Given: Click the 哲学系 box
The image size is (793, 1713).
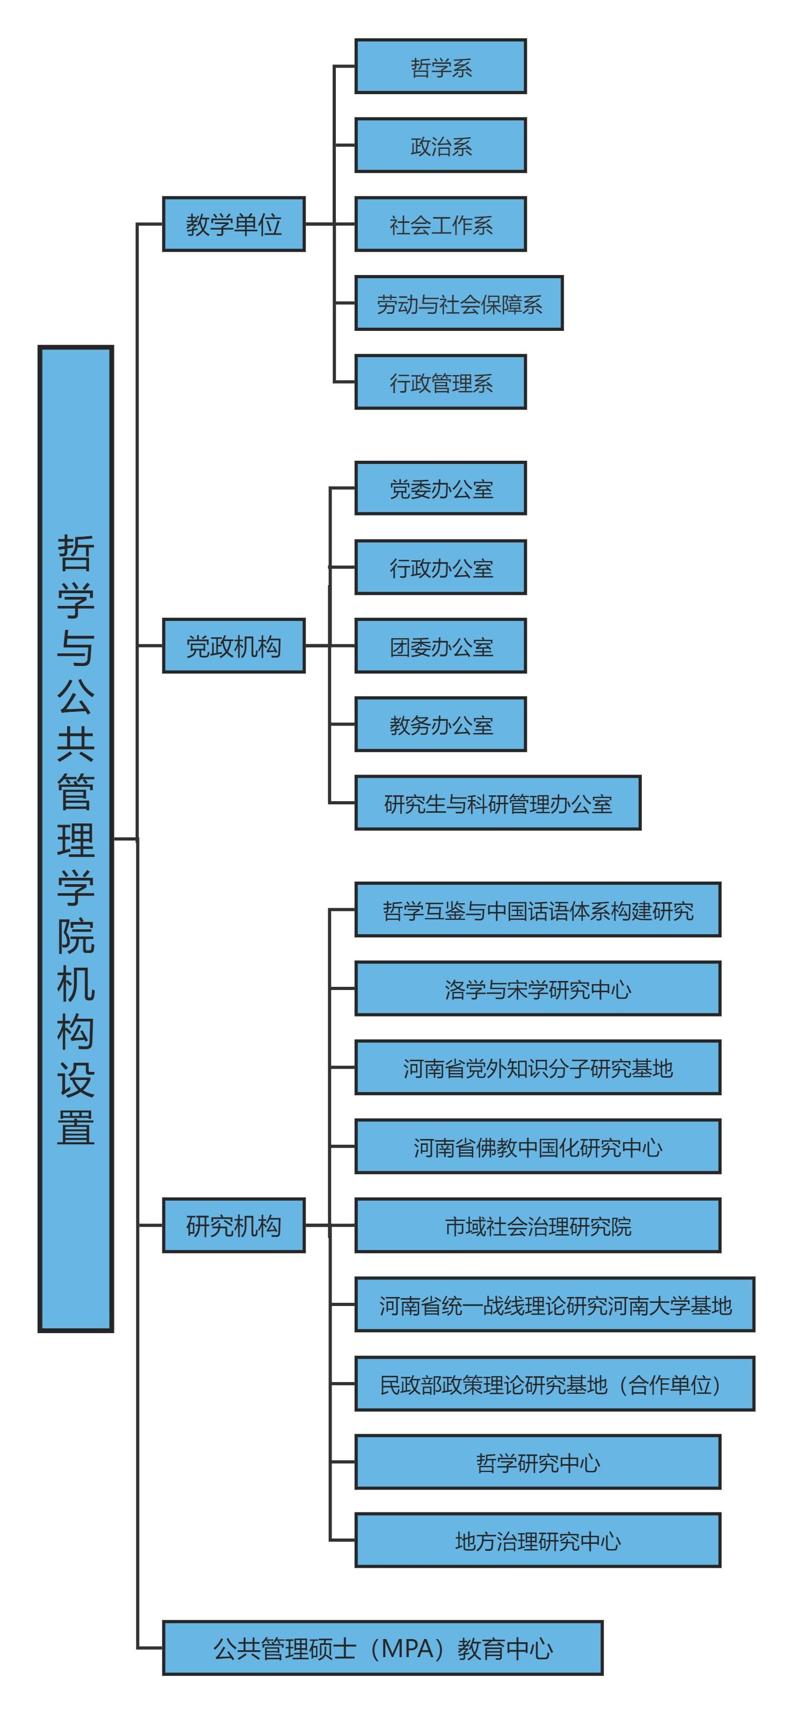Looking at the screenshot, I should point(441,66).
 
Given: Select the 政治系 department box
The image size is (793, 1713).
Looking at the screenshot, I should point(441,146).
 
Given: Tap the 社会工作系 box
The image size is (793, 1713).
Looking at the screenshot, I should point(441,224).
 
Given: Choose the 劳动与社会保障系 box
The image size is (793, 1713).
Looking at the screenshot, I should point(459,303).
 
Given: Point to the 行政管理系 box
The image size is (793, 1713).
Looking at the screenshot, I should point(441,382).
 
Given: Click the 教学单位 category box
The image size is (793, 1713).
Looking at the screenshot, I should point(234,224).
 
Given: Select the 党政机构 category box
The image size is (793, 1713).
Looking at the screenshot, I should point(234,646).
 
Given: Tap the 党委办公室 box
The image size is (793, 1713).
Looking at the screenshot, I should point(441,488).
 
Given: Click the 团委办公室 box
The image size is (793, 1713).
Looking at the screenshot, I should point(441,646).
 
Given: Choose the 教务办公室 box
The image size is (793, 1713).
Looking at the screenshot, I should point(441,724).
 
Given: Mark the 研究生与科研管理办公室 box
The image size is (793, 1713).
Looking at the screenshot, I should point(498,803).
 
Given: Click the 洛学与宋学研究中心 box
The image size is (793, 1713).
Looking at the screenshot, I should point(538,989).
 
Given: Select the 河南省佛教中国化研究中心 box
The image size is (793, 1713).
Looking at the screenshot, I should point(538,1146).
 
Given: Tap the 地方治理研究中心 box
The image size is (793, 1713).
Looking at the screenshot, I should point(538,1541).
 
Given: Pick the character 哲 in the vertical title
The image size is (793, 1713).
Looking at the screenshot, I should point(76,553).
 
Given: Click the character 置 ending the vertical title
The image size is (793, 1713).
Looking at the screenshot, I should point(76,1127).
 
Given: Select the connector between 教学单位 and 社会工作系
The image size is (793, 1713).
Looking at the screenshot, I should point(329,224).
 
